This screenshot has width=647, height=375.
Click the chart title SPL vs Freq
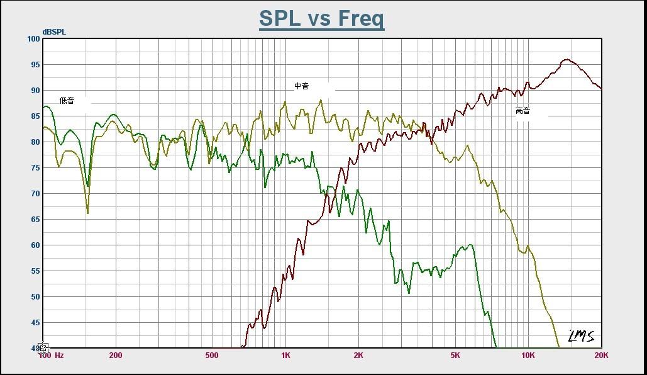pyautogui.click(x=321, y=18)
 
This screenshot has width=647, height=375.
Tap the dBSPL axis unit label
pyautogui.click(x=54, y=31)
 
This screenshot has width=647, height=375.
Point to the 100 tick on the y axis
pyautogui.click(x=33, y=39)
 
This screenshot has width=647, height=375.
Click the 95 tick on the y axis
pyautogui.click(x=35, y=65)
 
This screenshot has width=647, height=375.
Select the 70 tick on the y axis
pyautogui.click(x=35, y=194)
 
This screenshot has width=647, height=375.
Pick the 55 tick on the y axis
pyautogui.click(x=35, y=271)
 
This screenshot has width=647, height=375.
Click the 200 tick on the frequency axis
pyautogui.click(x=115, y=355)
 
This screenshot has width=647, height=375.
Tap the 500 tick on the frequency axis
pyautogui.click(x=212, y=355)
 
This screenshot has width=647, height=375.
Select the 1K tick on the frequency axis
pyautogui.click(x=285, y=355)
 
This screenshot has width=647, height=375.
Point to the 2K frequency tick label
pyautogui.click(x=358, y=355)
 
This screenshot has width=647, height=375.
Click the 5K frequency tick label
pyautogui.click(x=455, y=355)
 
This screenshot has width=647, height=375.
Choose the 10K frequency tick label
pyautogui.click(x=528, y=355)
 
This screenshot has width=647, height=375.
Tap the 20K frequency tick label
pyautogui.click(x=601, y=355)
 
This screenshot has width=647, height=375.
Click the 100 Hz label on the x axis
pyautogui.click(x=51, y=355)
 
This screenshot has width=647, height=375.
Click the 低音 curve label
pyautogui.click(x=67, y=100)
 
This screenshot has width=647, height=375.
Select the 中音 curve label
pyautogui.click(x=301, y=86)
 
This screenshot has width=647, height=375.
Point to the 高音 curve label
pyautogui.click(x=523, y=111)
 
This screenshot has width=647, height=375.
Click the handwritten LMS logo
pyautogui.click(x=581, y=337)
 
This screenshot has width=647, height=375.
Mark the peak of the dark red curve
pyautogui.click(x=567, y=60)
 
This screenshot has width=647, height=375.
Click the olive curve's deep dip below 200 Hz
pyautogui.click(x=87, y=213)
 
